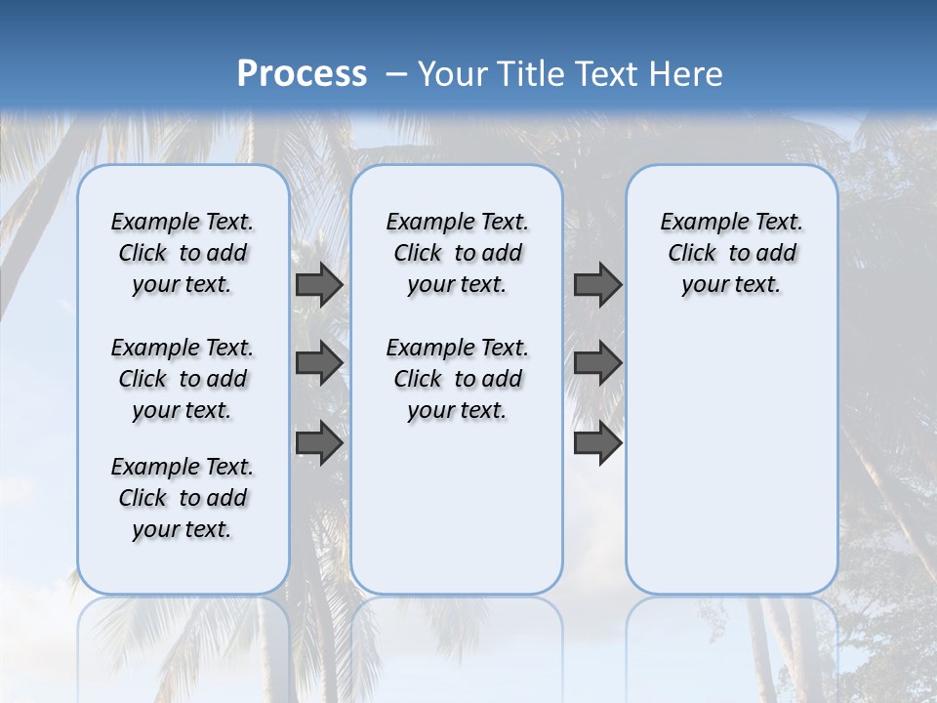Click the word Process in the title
pyautogui.click(x=302, y=73)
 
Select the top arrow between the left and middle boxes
pyautogui.click(x=319, y=284)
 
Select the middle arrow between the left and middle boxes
pyautogui.click(x=319, y=363)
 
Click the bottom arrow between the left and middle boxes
pyautogui.click(x=319, y=442)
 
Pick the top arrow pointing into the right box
pyautogui.click(x=597, y=284)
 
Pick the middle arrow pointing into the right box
pyautogui.click(x=597, y=363)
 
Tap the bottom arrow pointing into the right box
pyautogui.click(x=597, y=442)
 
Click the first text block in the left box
pyautogui.click(x=183, y=253)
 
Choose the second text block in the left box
pyautogui.click(x=183, y=379)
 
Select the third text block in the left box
pyautogui.click(x=183, y=498)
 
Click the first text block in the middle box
pyautogui.click(x=457, y=253)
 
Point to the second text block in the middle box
pyautogui.click(x=457, y=379)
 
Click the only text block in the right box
pyautogui.click(x=731, y=253)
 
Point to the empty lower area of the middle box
pyautogui.click(x=457, y=508)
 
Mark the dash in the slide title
pyautogui.click(x=396, y=74)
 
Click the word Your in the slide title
pyautogui.click(x=453, y=74)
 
